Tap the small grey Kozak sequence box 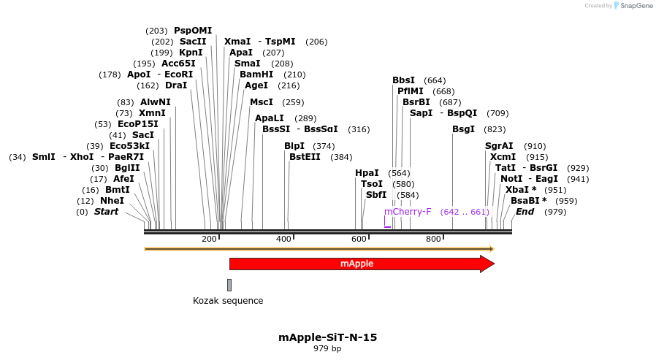(229, 285)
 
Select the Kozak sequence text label (228, 301)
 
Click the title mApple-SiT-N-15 (327, 337)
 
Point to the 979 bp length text (327, 349)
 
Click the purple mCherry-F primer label (408, 212)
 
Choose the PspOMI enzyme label (193, 31)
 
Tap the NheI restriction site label (112, 201)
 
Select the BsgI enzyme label (463, 129)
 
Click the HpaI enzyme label (367, 173)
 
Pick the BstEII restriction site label (305, 157)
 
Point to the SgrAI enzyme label (499, 146)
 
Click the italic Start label (106, 212)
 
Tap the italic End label (525, 212)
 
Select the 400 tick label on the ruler (283, 240)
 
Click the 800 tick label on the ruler (433, 240)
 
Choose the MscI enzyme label (261, 102)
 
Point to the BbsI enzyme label (403, 80)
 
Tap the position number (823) (495, 129)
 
